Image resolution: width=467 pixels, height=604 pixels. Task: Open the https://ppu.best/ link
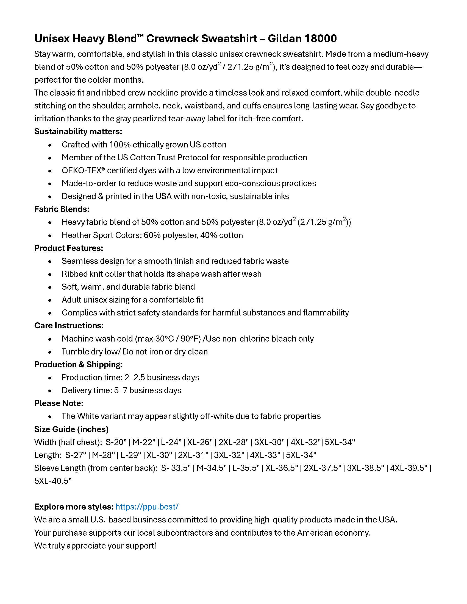pos(147,507)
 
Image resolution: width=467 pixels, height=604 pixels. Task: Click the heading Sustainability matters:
pos(78,131)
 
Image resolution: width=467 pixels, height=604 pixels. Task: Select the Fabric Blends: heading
pos(62,209)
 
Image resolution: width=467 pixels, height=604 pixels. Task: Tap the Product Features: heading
pos(69,248)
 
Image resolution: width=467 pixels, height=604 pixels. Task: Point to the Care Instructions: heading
pos(69,326)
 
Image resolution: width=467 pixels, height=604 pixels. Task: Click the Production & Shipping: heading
pos(78,365)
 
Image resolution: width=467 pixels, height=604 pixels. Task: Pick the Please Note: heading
pos(59,403)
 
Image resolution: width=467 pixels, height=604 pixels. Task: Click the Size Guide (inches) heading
pos(71,429)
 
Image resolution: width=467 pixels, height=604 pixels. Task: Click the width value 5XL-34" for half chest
pos(340,442)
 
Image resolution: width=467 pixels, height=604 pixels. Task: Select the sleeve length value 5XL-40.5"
pos(53,481)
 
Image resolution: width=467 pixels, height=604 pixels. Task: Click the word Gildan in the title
pos(284,39)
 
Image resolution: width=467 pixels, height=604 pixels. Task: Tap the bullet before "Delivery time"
pos(50,391)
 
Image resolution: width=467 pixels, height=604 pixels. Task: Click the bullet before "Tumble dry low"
pos(50,352)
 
